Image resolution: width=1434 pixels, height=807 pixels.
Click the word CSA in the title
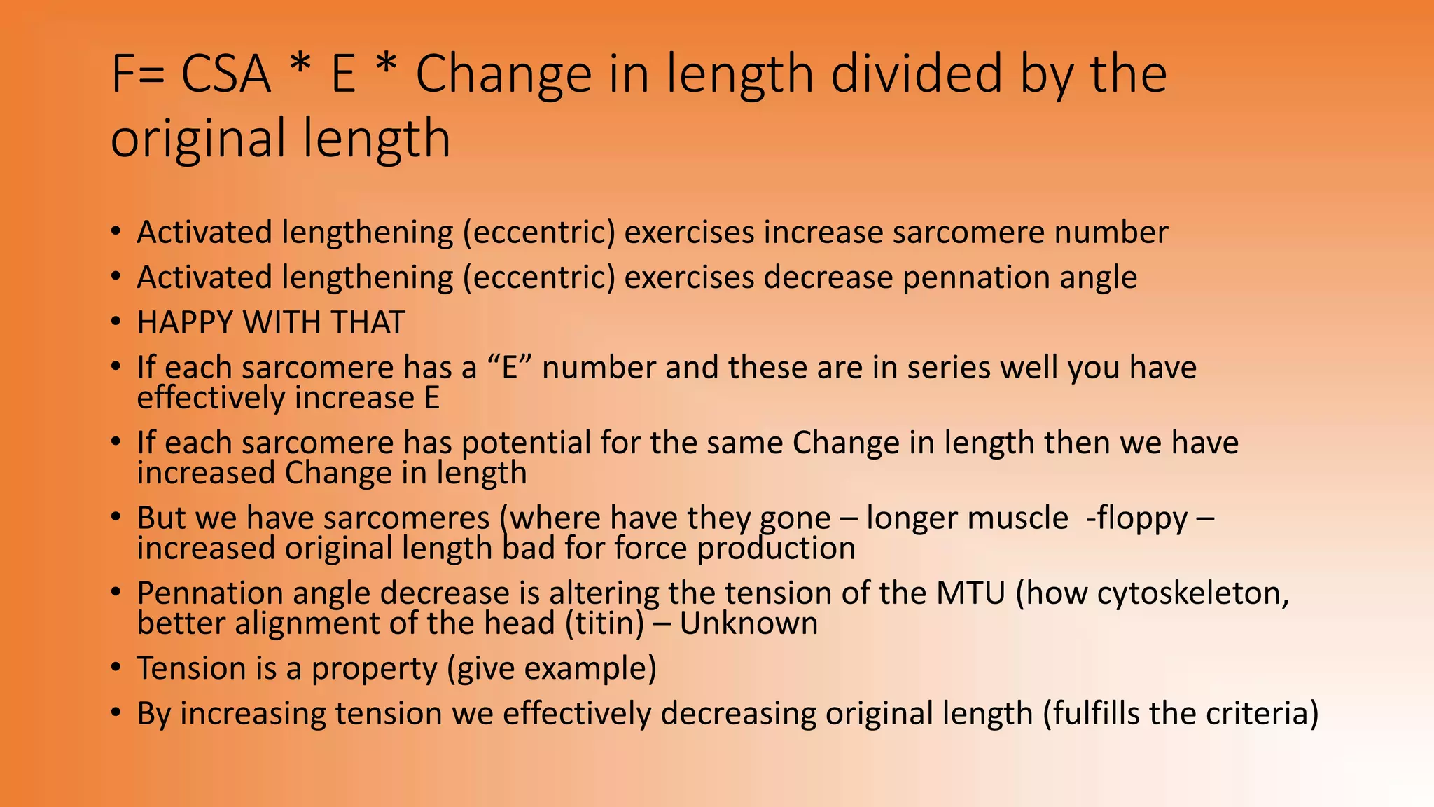point(225,74)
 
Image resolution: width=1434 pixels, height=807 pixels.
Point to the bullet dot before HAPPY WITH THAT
point(116,322)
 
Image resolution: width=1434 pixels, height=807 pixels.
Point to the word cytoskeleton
point(1192,593)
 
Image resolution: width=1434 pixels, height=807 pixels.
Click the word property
point(374,669)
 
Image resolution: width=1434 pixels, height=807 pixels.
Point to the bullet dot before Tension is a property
point(116,668)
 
